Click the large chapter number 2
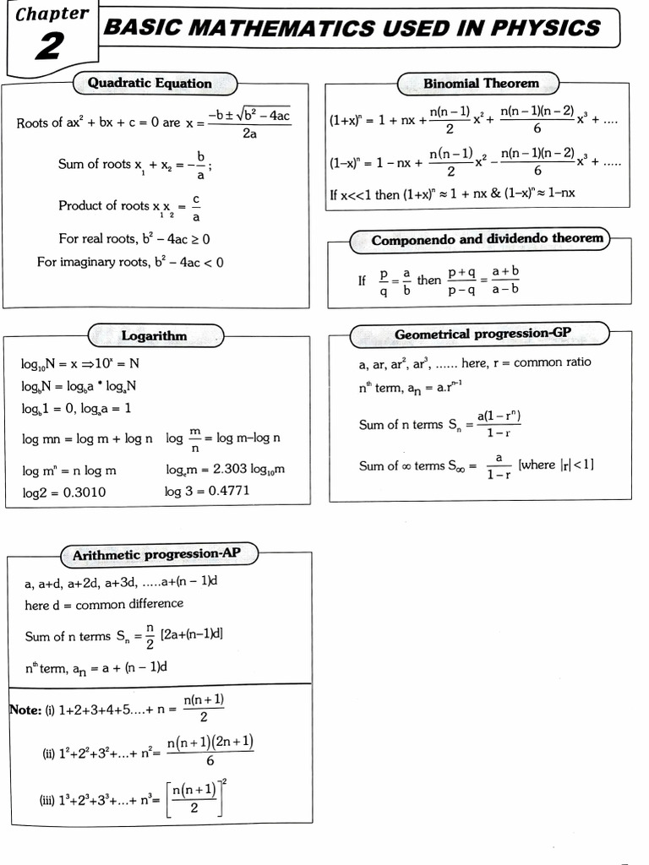tap(48, 48)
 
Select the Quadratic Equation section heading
tap(150, 83)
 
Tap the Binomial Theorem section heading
tap(481, 83)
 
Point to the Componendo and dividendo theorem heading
tap(488, 239)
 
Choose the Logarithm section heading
tap(154, 336)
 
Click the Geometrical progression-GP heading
tap(488, 335)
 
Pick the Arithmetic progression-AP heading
tap(156, 555)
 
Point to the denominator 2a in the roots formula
tap(249, 134)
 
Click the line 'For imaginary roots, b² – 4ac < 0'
tap(130, 262)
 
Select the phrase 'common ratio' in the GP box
tap(553, 362)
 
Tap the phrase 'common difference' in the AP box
tap(129, 604)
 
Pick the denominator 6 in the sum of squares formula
tap(210, 759)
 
